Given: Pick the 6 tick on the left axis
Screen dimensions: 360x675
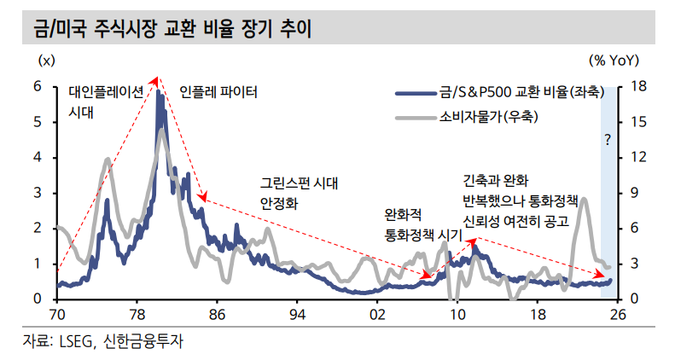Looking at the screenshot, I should [x=38, y=86].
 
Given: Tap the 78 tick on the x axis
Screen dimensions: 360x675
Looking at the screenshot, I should [x=137, y=315].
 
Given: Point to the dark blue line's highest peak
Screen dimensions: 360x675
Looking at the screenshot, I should [x=158, y=91].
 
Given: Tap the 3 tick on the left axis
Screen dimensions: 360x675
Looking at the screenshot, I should [x=38, y=193].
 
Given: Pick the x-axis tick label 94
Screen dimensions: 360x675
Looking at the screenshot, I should [x=296, y=315].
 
